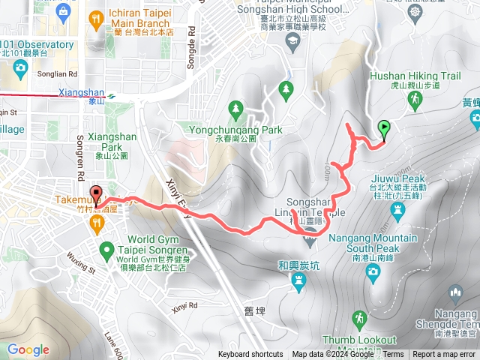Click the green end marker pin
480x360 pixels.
pos(385,130)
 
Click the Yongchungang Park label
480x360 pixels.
pos(236,130)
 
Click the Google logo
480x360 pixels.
pos(28,349)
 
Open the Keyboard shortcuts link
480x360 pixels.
pos(250,355)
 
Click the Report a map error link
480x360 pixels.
pos(444,355)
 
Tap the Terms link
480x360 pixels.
pos(394,355)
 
